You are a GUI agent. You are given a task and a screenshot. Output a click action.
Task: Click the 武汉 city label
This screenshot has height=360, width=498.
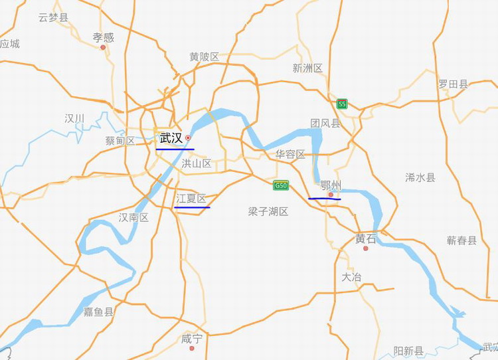coord(171,138)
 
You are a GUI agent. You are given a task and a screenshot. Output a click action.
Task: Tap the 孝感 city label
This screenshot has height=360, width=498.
coord(103,37)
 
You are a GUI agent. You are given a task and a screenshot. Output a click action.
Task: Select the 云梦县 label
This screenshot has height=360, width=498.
coord(53,17)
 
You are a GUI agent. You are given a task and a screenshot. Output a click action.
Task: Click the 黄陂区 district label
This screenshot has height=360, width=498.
coord(204,57)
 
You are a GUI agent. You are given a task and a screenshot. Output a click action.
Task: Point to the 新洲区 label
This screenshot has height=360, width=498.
coord(307,68)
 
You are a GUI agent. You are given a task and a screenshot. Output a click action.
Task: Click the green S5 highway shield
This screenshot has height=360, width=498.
coord(342,104)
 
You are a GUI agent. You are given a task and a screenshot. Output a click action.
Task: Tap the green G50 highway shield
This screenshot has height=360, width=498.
coord(281,185)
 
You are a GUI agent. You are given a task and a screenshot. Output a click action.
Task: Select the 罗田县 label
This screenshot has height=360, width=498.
coord(453,84)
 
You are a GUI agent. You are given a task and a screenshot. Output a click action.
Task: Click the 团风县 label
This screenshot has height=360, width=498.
coord(325,123)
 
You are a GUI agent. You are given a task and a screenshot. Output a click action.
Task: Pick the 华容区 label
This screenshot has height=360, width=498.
coord(290,154)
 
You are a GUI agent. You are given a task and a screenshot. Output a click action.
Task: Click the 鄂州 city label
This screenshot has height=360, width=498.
coord(330,185)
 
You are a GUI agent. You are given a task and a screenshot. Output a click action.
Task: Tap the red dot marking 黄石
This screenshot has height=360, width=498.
coord(365,248)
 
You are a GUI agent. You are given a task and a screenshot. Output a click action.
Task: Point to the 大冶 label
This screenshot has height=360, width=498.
coord(351,277)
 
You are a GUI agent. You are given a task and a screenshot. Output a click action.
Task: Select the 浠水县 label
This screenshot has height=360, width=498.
coord(420,177)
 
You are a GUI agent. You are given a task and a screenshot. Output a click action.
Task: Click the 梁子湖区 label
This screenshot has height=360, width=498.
coord(268,211)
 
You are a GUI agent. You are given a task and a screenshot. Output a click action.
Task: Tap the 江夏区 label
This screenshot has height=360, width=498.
coord(191,199)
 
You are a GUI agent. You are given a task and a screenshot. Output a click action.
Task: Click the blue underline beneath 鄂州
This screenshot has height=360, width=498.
coord(325,198)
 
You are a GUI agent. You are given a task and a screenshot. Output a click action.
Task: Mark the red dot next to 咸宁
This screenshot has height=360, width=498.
coord(191,347)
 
